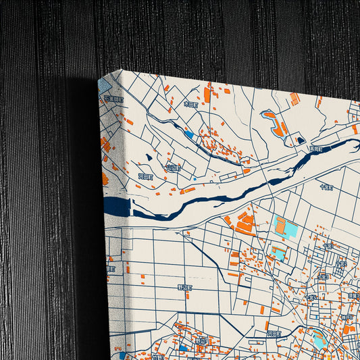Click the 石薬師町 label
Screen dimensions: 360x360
point(114,99)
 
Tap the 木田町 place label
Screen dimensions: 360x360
point(190,105)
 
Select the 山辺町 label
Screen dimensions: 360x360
point(174,167)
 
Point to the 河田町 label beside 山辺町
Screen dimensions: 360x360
point(146,176)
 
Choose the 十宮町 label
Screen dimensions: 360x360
point(326,187)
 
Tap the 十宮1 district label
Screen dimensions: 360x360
point(328,247)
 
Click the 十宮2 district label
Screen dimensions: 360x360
point(342,264)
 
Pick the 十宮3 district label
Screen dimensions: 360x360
point(323,276)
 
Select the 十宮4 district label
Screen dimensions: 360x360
point(311,297)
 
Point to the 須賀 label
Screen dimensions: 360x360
point(353,295)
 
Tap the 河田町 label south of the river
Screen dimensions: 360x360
point(274,333)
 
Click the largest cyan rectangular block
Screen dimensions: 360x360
point(286,228)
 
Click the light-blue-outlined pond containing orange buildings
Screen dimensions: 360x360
point(274,124)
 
